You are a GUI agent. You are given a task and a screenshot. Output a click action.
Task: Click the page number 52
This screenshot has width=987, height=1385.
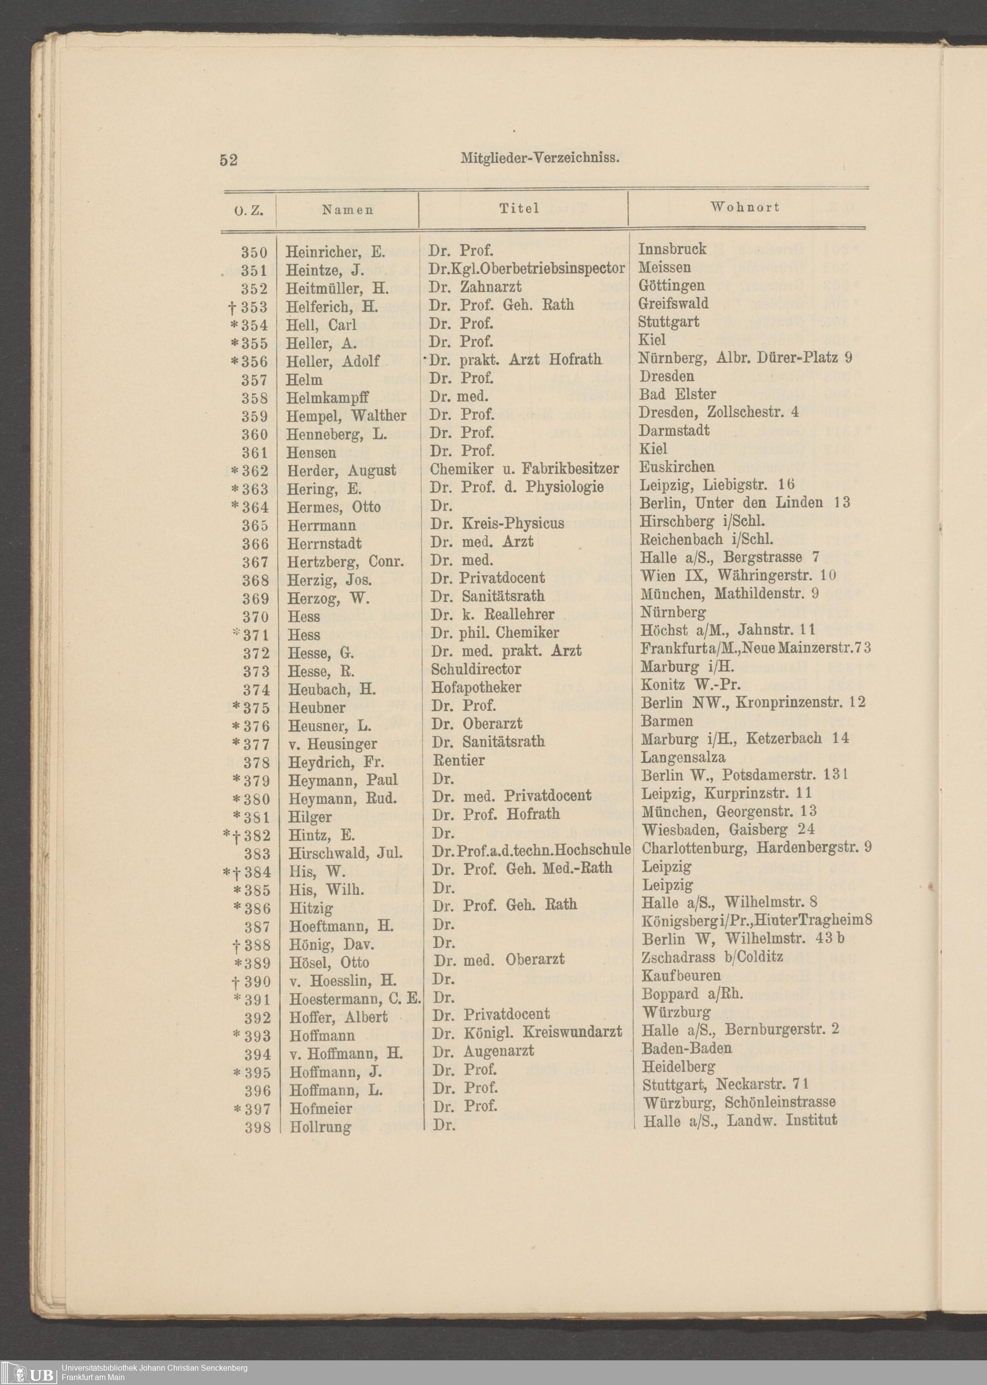click(x=228, y=160)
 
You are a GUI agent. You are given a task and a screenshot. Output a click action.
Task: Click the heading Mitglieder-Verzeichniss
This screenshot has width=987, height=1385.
click(x=540, y=158)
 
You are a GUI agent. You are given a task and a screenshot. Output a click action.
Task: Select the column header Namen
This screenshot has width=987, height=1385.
click(x=347, y=210)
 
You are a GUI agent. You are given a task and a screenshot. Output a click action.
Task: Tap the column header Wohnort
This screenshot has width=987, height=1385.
click(x=745, y=207)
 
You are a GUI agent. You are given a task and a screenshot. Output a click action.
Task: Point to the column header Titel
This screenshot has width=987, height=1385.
click(x=520, y=208)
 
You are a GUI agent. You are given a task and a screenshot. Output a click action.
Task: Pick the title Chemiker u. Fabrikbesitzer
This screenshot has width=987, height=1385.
click(x=524, y=469)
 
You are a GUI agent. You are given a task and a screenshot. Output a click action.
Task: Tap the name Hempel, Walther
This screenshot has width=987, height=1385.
click(x=346, y=416)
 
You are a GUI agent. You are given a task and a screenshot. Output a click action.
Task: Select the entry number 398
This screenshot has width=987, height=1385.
click(x=258, y=1128)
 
